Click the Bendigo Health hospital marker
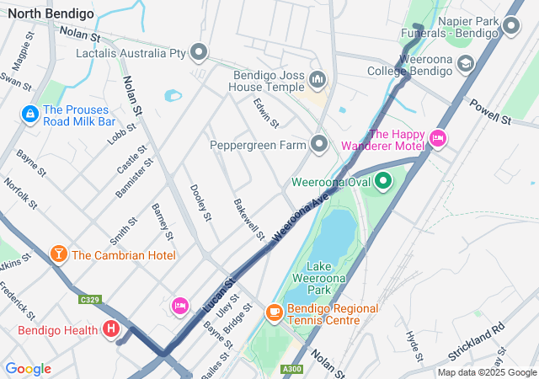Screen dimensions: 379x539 [x=110, y=330]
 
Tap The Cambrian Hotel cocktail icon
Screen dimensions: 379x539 [x=58, y=254]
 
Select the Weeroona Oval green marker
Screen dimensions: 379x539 [x=384, y=180]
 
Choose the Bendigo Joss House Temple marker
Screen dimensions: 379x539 [x=318, y=80]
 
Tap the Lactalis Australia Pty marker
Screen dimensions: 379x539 [x=200, y=53]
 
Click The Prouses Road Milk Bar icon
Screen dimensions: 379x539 [x=29, y=113]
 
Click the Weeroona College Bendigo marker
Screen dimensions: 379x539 [x=465, y=66]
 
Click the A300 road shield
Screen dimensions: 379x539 [x=293, y=368]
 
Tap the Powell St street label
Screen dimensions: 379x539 [x=491, y=113]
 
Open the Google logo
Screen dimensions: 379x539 [x=28, y=369]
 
